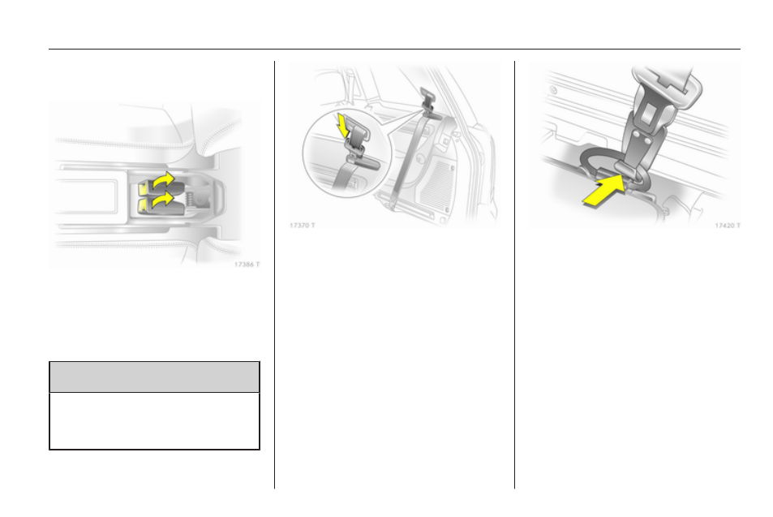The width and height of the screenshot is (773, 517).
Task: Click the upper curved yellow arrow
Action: tap(164, 181)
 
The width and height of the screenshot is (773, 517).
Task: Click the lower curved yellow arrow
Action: tap(164, 200)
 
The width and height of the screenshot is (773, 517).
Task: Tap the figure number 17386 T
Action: tap(247, 265)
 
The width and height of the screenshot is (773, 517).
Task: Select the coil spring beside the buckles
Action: tap(189, 200)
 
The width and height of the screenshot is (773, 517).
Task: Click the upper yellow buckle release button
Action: tap(143, 187)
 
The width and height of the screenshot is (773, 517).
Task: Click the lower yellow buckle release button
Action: tap(143, 205)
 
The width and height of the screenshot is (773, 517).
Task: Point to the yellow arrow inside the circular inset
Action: tap(343, 126)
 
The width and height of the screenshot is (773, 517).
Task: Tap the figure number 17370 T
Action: tap(302, 226)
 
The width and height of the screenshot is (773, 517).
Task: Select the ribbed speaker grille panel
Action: tap(436, 184)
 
